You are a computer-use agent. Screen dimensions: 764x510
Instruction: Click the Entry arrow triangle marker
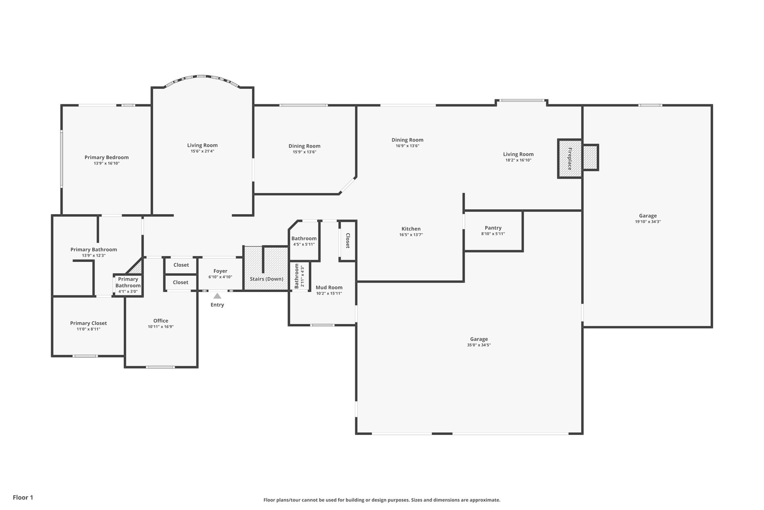click(x=217, y=295)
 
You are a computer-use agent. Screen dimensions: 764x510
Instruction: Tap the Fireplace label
click(x=570, y=159)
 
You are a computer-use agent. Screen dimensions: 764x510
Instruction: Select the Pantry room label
click(x=493, y=228)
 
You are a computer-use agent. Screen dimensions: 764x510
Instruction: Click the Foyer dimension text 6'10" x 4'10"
click(x=220, y=277)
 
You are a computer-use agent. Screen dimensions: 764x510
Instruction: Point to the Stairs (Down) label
click(x=266, y=279)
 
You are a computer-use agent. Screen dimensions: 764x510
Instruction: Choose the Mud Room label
click(x=329, y=287)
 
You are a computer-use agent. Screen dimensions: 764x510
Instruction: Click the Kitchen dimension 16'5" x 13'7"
click(x=411, y=235)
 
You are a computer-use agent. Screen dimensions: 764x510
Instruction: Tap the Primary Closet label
click(x=88, y=323)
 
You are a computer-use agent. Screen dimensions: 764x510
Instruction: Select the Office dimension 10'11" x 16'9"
click(x=160, y=326)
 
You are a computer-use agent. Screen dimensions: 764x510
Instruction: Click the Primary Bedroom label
click(x=106, y=157)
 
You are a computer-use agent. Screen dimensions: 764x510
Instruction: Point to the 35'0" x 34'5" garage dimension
click(x=479, y=345)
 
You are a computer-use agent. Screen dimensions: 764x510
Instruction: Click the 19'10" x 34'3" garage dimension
click(x=647, y=222)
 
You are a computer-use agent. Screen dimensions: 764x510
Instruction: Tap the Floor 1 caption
click(x=23, y=498)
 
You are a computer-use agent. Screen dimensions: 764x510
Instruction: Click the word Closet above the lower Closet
click(x=181, y=265)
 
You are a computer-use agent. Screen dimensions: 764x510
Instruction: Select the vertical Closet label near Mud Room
click(x=348, y=241)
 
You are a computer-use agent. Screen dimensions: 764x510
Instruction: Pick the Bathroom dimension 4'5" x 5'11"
click(x=304, y=244)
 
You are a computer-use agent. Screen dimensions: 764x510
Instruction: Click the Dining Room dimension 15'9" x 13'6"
click(x=305, y=152)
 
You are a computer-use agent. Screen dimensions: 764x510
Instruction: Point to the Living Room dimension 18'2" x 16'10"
click(x=519, y=160)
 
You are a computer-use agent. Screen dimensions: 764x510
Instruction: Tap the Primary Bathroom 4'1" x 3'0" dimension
click(x=128, y=292)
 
